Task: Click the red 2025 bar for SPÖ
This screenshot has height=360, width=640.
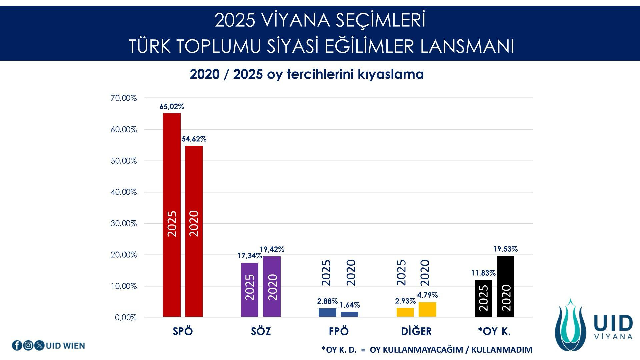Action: coord(172,215)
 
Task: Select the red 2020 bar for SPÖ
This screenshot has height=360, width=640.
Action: coord(194,231)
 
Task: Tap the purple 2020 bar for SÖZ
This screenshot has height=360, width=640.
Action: coord(272,287)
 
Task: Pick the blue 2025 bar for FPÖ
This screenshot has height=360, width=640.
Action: coord(327,313)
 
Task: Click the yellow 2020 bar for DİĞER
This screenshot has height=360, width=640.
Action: coord(427,310)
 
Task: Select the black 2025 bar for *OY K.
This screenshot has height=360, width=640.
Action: coord(483,299)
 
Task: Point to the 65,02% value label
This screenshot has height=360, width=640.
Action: coord(172,107)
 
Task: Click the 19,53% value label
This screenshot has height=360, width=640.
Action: coord(505,249)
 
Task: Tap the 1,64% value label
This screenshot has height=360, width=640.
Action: coord(350,305)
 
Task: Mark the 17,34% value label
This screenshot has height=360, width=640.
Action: coord(250,256)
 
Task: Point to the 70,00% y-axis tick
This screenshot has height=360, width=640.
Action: coord(124,98)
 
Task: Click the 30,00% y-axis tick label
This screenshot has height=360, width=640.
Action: coord(124,223)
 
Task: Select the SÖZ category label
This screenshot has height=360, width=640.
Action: coord(261,331)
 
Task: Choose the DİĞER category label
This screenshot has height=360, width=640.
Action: coord(416,331)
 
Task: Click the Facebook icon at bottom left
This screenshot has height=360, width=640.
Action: coord(17,346)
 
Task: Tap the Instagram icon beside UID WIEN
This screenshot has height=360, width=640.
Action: coord(28,346)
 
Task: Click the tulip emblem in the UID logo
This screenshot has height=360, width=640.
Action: coord(570,325)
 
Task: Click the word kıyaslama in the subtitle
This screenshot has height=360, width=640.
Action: coord(391,74)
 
